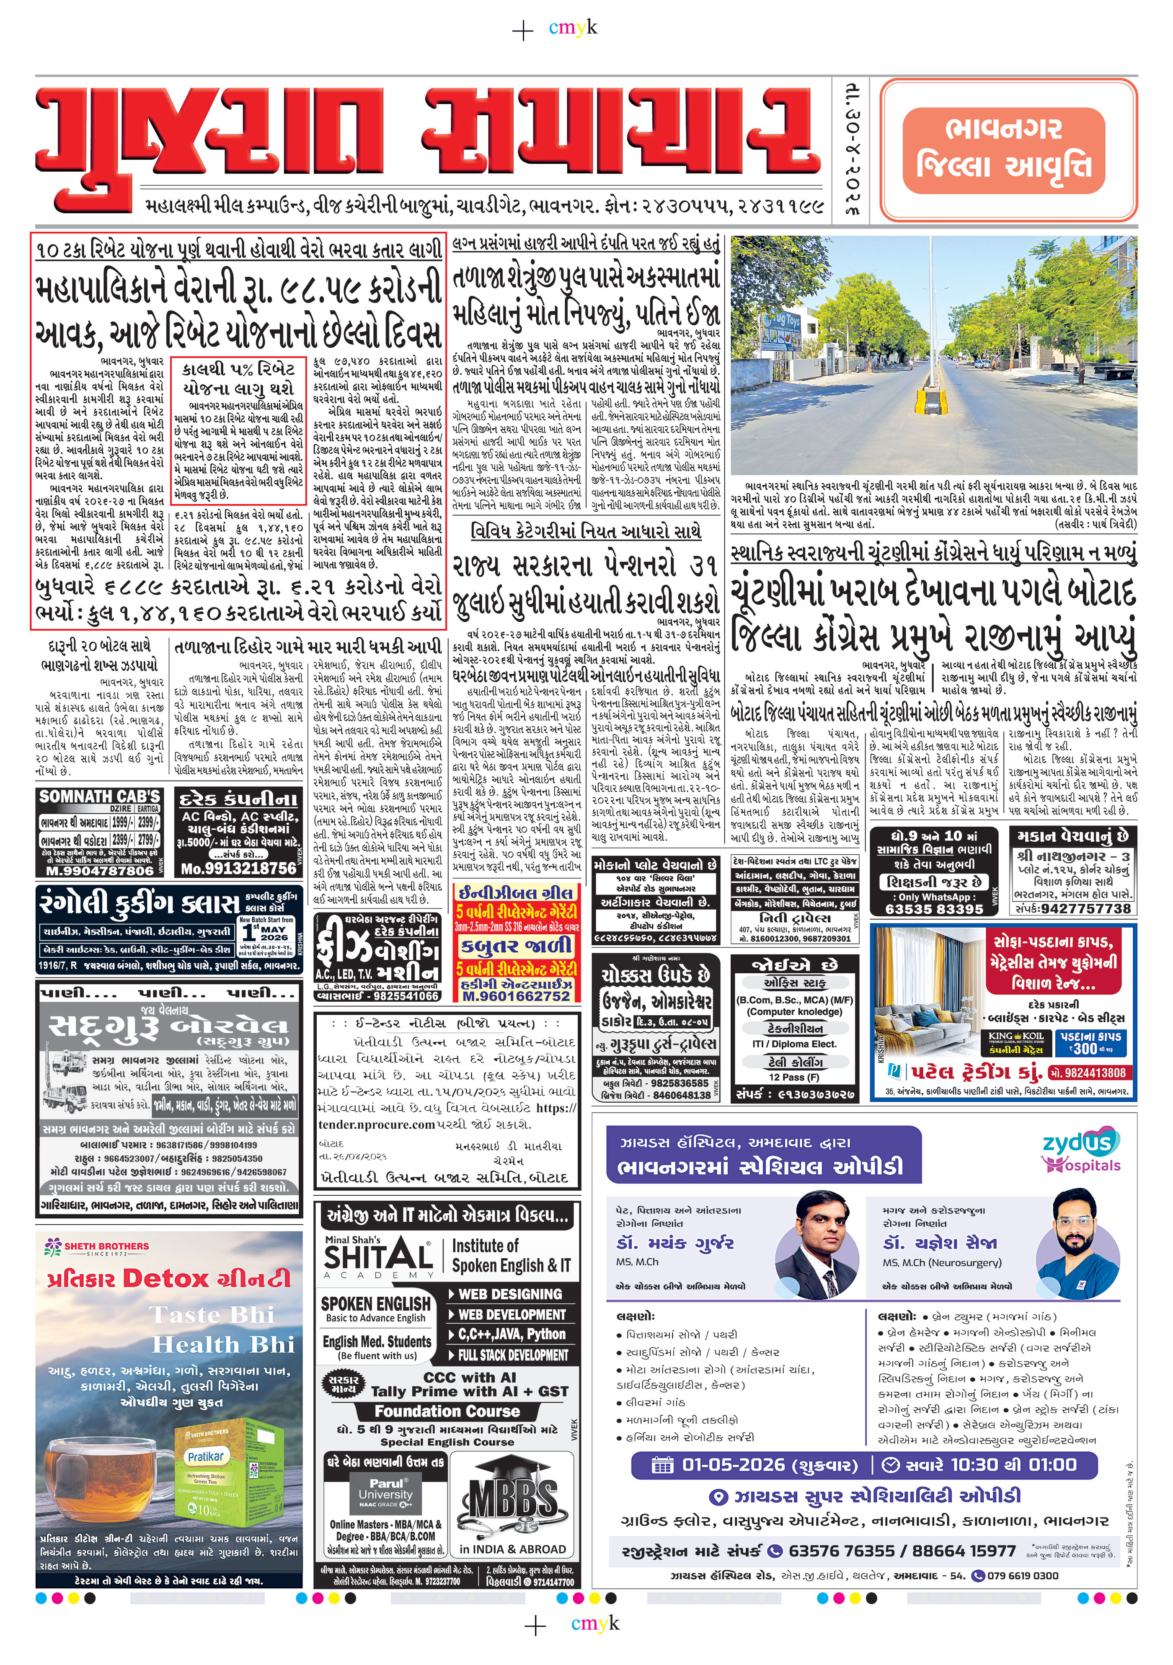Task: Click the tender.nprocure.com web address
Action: pos(376,1125)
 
